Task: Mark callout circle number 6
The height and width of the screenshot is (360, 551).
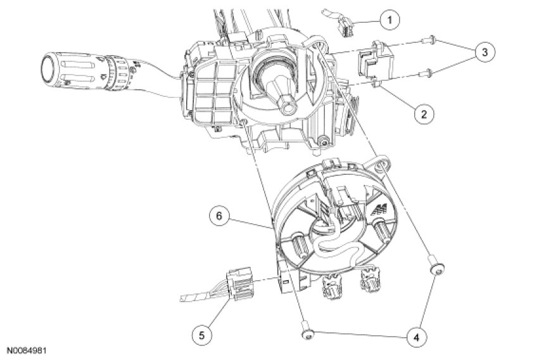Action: tap(218, 215)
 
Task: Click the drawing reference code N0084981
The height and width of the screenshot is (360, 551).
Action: tap(27, 349)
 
